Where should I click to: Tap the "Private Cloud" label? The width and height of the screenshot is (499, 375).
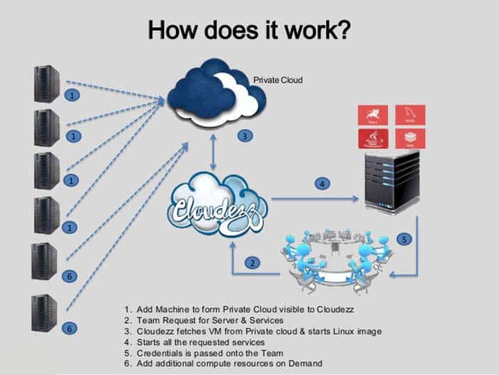[x=278, y=80]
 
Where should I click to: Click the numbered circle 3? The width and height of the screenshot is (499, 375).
[x=244, y=135]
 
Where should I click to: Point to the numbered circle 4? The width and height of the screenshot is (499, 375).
[x=322, y=184]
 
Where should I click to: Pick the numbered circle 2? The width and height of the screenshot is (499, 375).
[x=252, y=262]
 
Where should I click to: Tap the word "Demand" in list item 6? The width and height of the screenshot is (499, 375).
[x=306, y=364]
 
